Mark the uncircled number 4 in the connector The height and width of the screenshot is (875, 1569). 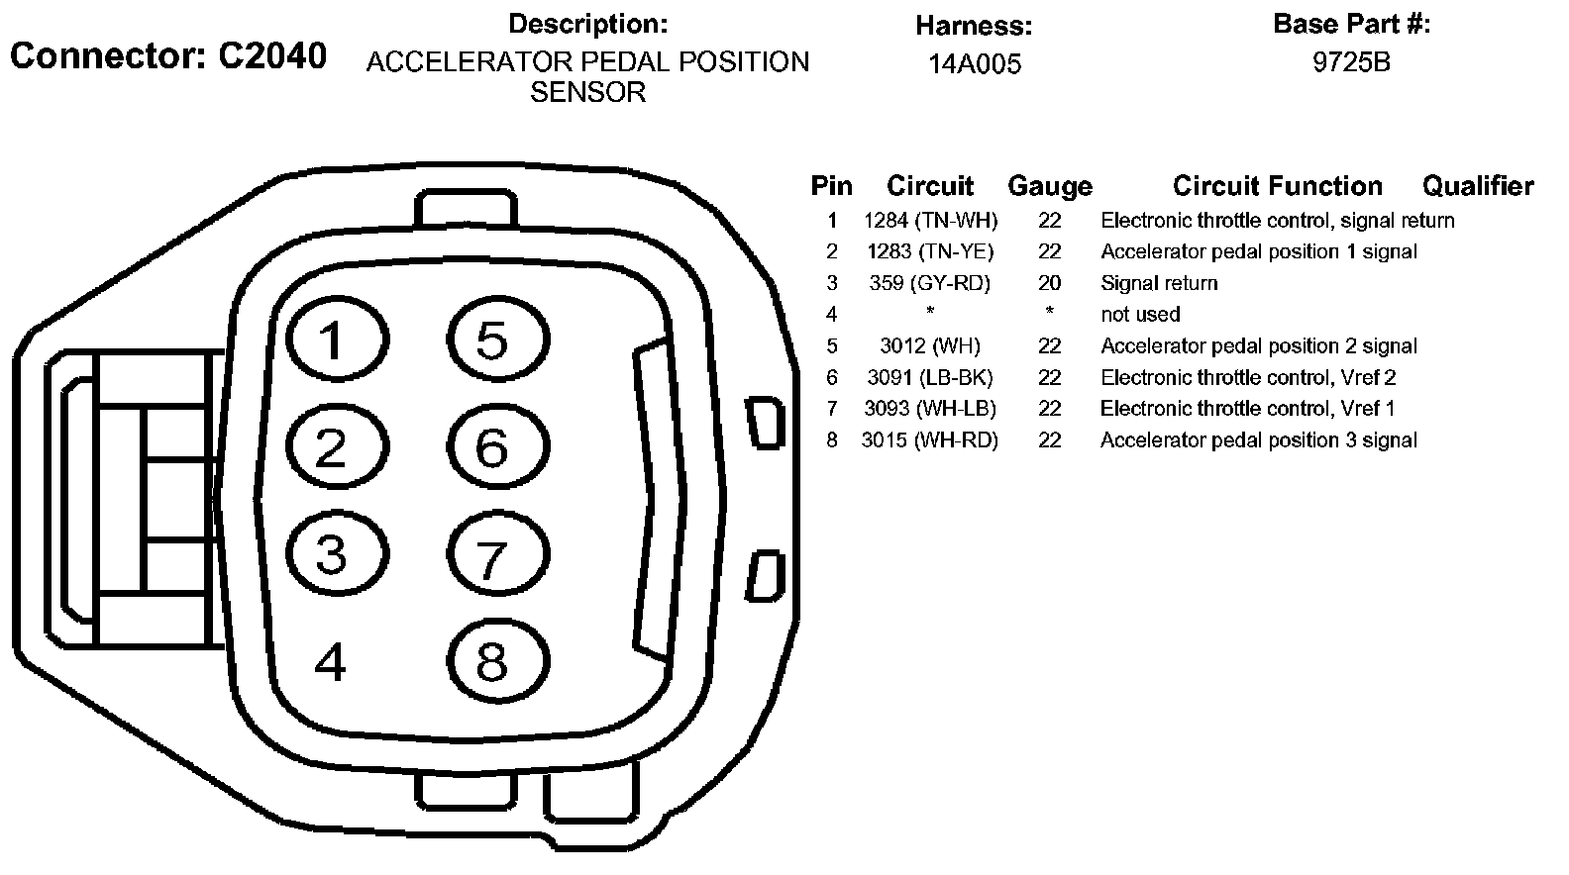331,662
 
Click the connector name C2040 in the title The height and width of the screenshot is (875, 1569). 271,56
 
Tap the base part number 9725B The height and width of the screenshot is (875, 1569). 1351,62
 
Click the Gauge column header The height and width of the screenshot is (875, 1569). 1049,187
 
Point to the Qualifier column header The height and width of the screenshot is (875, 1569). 1477,186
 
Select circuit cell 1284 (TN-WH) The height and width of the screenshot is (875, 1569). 930,221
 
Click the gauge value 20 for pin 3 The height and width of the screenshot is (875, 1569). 1049,283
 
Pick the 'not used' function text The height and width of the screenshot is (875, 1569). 1140,315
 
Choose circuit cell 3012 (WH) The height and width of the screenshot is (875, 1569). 930,346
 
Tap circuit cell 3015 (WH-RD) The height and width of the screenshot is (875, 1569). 930,440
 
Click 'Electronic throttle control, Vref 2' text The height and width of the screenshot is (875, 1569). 1248,378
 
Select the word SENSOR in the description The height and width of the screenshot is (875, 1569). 587,93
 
